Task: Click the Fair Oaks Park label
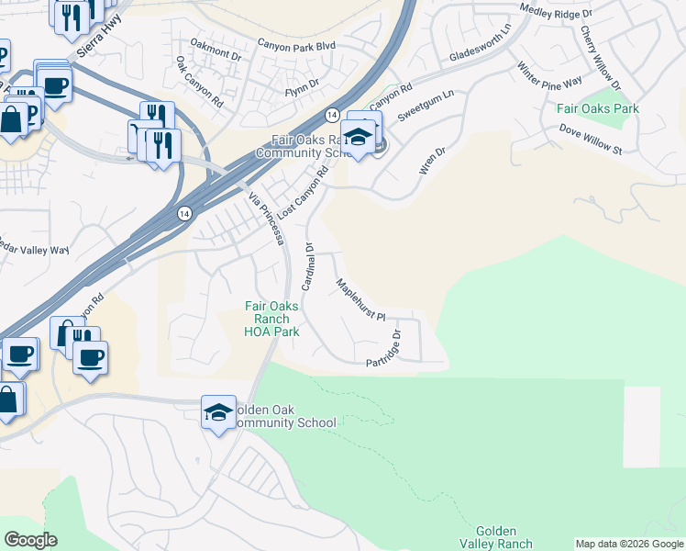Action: tap(597, 108)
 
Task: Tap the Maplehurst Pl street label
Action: tap(361, 300)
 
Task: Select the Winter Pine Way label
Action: tap(550, 74)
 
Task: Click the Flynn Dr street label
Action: tap(301, 84)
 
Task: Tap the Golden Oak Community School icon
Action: tap(218, 414)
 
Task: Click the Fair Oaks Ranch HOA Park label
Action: tap(271, 319)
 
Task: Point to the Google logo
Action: tap(31, 540)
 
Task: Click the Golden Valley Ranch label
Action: tap(503, 537)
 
